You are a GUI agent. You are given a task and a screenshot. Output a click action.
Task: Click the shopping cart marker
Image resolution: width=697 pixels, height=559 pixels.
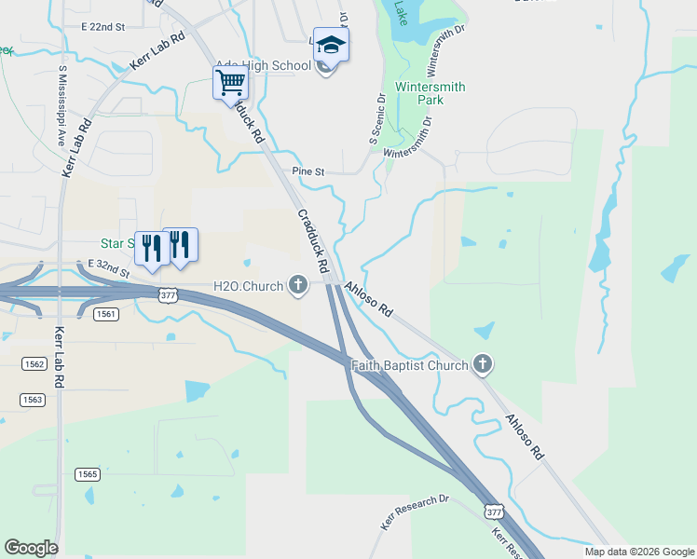coord(229,83)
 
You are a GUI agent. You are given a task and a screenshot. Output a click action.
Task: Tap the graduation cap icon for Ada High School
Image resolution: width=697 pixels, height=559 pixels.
coord(331,44)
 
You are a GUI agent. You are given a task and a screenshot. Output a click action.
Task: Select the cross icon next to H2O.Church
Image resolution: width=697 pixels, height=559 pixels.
coord(298,285)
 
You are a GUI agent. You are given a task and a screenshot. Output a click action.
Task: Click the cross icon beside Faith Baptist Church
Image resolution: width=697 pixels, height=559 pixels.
coord(482,364)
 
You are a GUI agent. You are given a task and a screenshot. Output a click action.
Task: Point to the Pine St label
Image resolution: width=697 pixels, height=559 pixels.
coord(307,171)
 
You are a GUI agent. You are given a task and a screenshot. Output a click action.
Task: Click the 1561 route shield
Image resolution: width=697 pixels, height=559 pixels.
coord(106,314)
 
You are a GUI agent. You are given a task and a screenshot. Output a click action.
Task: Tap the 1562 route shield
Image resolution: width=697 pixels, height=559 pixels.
coord(34,363)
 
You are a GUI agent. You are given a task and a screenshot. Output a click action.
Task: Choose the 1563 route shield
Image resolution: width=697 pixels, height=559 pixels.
coord(34,399)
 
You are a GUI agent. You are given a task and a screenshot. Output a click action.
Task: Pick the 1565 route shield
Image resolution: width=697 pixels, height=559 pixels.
coord(88,473)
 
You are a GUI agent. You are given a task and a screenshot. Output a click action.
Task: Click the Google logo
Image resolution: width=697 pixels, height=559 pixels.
coord(31,548)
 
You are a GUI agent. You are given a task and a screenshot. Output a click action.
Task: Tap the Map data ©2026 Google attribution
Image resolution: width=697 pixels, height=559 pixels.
coord(638,552)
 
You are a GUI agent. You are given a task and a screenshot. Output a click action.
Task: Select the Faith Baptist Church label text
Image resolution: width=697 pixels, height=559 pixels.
coord(409,365)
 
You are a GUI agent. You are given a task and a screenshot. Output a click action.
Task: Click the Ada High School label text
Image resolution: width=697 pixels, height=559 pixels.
coord(263,65)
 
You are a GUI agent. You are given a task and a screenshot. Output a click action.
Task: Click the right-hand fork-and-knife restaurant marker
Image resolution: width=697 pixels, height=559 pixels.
coord(180,245)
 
